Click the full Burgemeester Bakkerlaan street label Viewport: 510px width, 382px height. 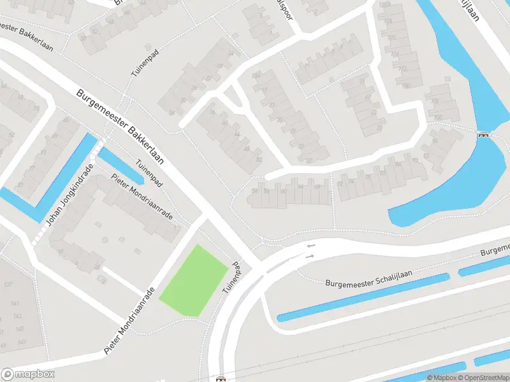(121, 127)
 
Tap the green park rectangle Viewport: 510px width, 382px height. (193, 280)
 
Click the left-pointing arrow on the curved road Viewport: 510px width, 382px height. (310, 246)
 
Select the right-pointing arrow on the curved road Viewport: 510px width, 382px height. (310, 256)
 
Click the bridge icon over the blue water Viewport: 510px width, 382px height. (483, 134)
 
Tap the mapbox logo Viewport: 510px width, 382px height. (28, 374)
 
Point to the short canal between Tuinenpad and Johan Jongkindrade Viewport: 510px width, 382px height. (121, 163)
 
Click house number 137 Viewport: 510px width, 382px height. (8, 285)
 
